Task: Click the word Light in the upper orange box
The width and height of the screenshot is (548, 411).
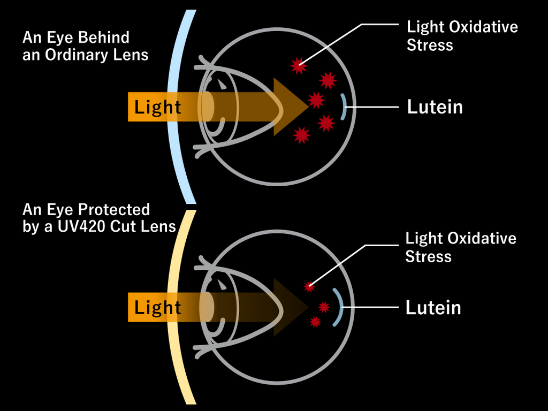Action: [157, 107]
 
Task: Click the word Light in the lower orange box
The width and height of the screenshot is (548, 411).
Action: [157, 308]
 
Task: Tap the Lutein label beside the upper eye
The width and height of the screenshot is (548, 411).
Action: [435, 107]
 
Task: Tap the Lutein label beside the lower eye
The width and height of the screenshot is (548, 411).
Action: [433, 308]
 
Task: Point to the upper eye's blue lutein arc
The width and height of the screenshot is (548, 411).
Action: [344, 107]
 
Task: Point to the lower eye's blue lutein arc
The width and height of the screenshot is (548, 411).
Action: [337, 308]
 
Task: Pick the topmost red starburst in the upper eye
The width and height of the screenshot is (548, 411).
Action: [299, 66]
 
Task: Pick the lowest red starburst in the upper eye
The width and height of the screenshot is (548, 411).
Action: [302, 135]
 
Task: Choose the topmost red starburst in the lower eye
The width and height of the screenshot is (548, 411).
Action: [309, 287]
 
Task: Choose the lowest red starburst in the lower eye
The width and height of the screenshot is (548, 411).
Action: [315, 322]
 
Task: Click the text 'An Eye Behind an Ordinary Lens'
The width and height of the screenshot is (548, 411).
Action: [85, 46]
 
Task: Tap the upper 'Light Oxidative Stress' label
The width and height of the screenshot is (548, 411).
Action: [462, 36]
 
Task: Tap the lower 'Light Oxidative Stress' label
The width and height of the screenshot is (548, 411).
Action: [460, 247]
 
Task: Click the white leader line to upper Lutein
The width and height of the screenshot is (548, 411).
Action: [375, 107]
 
